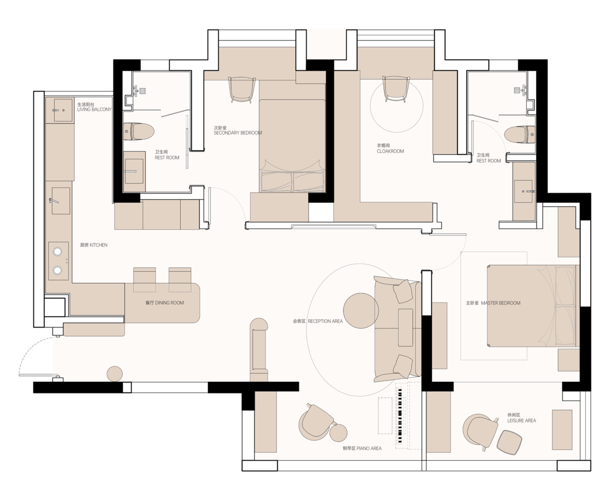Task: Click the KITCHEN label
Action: pos(99,245)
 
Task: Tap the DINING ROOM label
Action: pos(169,303)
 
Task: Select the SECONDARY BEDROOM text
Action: pos(238,133)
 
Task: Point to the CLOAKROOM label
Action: pos(390,151)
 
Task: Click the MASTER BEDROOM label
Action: pos(500,303)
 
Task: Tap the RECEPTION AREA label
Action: pos(325,321)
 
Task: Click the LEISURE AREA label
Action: pos(522,421)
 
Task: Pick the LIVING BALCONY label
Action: pos(94,110)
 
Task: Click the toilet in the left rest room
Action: pos(139,132)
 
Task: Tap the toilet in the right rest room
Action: pos(520,135)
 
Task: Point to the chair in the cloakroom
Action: pos(396,88)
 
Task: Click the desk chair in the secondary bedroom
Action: pos(242,89)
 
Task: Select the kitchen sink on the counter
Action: pos(60,200)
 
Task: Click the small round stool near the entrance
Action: pos(115,374)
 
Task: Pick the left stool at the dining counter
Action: pos(145,279)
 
